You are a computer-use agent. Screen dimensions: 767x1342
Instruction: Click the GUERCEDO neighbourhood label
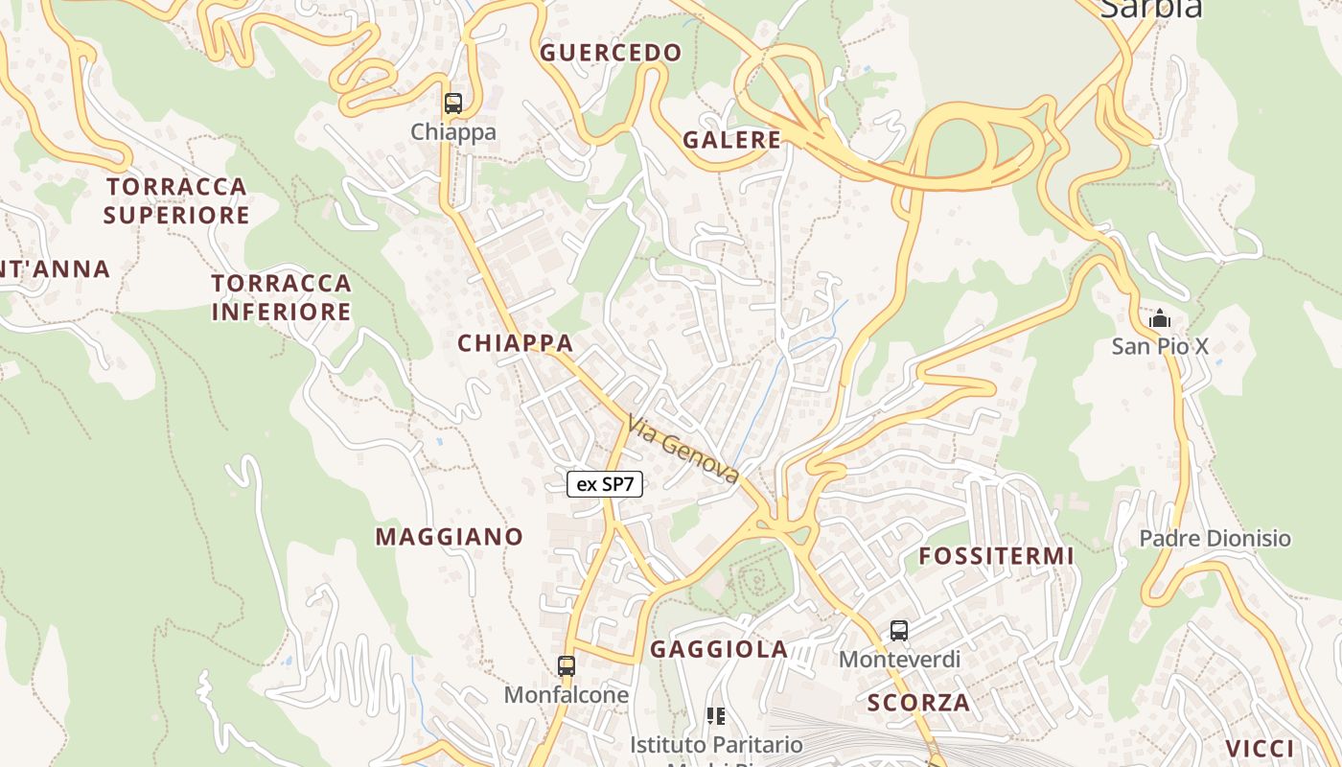(x=611, y=53)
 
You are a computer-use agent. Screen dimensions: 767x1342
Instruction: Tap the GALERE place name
(x=732, y=140)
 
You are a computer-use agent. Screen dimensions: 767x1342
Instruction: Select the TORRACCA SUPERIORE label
(x=176, y=200)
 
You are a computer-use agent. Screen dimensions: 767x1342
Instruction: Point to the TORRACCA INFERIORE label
(x=281, y=297)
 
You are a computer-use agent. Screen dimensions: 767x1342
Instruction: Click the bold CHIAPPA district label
(x=516, y=343)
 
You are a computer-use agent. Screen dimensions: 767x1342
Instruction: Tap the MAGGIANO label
(x=450, y=537)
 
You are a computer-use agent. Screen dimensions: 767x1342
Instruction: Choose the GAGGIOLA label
(x=719, y=650)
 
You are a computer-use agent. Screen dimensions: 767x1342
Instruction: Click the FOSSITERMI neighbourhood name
(x=997, y=556)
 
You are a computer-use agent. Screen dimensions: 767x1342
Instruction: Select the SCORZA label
(x=918, y=703)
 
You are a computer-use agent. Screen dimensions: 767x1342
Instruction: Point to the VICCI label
(x=1260, y=749)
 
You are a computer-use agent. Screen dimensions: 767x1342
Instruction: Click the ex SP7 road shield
(x=605, y=484)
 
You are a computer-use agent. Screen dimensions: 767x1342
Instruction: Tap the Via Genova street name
(x=683, y=449)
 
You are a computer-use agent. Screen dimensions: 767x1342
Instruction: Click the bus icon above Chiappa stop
(x=453, y=103)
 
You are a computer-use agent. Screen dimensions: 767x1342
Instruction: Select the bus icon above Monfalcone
(x=567, y=665)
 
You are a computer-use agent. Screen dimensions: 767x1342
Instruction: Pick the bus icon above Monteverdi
(x=899, y=630)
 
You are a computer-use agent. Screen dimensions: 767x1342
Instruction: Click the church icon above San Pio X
(x=1160, y=318)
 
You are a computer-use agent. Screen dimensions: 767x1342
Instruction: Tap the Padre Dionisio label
(x=1215, y=539)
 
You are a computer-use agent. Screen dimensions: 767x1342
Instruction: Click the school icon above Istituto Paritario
(x=716, y=715)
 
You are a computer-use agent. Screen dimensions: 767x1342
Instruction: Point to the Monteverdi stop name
(x=899, y=660)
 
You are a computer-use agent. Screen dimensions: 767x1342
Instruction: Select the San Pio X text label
(x=1160, y=347)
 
